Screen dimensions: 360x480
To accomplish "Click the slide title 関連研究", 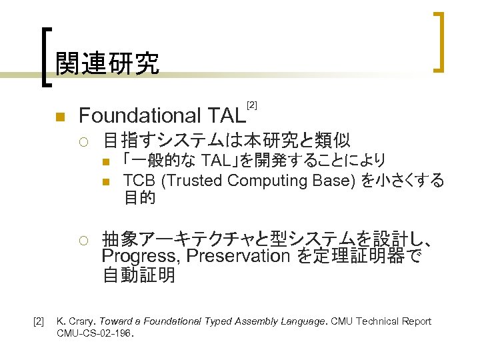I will tap(107, 63).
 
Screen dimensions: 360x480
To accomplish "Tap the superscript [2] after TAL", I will tap(251, 105).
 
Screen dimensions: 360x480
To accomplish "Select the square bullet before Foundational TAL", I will tap(59, 117).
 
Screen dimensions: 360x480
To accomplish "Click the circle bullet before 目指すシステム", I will tap(83, 141).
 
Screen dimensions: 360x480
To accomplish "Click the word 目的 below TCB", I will tap(139, 197).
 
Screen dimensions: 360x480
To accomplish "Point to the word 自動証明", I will tap(139, 275).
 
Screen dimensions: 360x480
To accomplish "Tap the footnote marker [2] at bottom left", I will tap(38, 321).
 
